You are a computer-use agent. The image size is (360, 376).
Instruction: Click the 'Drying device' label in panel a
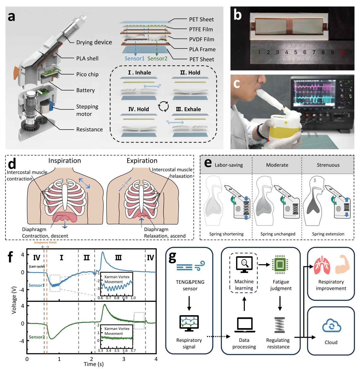coord(94,42)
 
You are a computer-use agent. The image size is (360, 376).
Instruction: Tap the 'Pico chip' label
coord(87,74)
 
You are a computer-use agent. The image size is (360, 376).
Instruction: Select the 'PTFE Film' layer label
coord(201,29)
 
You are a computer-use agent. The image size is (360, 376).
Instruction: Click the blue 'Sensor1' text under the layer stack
coord(134,58)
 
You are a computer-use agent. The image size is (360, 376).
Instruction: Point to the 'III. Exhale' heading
coord(188,109)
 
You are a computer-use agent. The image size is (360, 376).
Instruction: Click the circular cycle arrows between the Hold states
coord(163,106)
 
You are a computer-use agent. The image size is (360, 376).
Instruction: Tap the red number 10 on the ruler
coord(341,52)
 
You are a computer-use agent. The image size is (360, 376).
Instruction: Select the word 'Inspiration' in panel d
coord(65,161)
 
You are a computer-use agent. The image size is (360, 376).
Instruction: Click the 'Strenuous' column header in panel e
coord(328,165)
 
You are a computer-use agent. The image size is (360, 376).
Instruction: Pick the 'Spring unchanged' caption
coord(278,234)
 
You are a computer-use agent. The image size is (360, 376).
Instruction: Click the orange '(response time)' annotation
coord(45,242)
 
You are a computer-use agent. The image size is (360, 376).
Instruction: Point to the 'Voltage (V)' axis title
coord(14,300)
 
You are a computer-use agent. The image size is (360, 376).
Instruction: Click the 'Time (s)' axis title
coord(93,364)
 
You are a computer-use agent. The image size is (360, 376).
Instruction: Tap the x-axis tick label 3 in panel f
coord(124,359)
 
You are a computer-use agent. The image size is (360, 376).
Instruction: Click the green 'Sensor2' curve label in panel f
coord(37,337)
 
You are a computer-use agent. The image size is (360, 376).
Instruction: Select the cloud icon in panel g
coord(331,326)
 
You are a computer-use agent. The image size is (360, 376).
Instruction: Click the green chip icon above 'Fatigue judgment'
coord(280,265)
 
